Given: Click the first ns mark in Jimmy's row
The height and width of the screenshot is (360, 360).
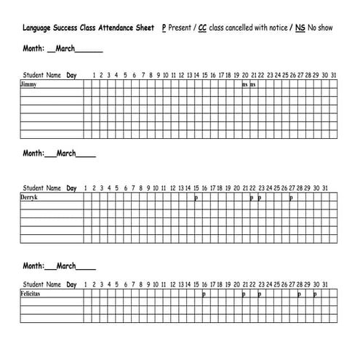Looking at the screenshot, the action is pyautogui.click(x=245, y=84).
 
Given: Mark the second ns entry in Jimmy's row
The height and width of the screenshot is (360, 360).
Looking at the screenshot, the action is pyautogui.click(x=253, y=84).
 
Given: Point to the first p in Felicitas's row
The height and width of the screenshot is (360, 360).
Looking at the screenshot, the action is pyautogui.click(x=204, y=295).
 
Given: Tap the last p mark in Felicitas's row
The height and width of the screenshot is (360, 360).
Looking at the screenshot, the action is pyautogui.click(x=315, y=295).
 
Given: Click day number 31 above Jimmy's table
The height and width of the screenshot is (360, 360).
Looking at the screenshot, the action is pyautogui.click(x=332, y=75).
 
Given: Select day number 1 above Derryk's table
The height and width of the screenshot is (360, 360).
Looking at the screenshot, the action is pyautogui.click(x=86, y=188).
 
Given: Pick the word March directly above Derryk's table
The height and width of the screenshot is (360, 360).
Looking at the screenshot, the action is pyautogui.click(x=67, y=153).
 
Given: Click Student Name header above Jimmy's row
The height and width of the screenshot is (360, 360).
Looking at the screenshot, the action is pyautogui.click(x=42, y=75).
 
